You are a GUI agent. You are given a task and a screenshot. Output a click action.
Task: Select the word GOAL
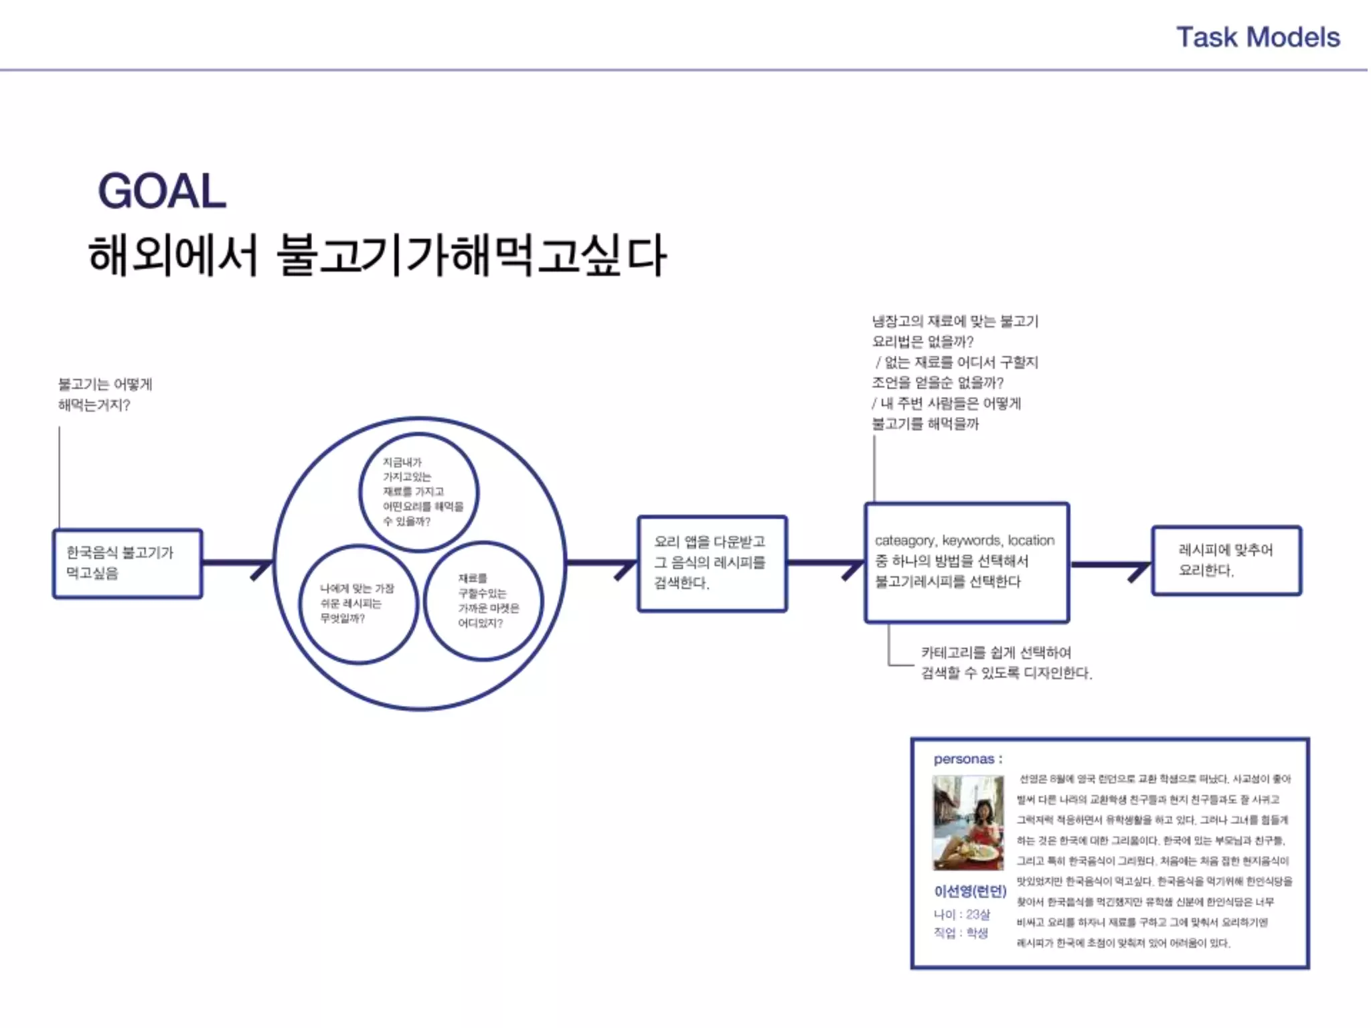coord(162,191)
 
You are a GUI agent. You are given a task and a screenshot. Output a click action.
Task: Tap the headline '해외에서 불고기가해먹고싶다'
coord(377,255)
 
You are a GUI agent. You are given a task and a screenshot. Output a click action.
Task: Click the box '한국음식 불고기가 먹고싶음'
coord(127,564)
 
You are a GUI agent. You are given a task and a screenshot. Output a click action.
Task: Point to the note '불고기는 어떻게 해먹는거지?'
coord(104,394)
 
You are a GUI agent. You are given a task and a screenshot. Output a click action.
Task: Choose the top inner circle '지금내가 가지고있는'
coord(419,492)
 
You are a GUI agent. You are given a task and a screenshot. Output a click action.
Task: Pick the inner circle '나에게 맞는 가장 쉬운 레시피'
coord(358,603)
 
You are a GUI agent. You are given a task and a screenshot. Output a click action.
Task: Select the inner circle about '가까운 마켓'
coord(483,600)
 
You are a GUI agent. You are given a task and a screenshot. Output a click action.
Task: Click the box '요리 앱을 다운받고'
coord(712,563)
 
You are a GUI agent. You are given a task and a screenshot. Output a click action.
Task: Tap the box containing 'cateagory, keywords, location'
coord(966,562)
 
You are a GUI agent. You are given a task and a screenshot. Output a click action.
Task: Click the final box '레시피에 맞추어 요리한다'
coord(1226,560)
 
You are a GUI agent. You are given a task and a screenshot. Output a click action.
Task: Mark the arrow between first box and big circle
coord(238,564)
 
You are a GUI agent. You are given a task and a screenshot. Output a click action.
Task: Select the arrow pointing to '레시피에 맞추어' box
coord(1111,566)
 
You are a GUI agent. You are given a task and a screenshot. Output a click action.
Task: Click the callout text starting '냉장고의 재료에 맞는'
coord(955,372)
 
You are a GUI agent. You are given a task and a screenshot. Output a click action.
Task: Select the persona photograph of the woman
coord(968,823)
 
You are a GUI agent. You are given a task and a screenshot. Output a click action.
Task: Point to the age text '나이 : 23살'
coord(961,914)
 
